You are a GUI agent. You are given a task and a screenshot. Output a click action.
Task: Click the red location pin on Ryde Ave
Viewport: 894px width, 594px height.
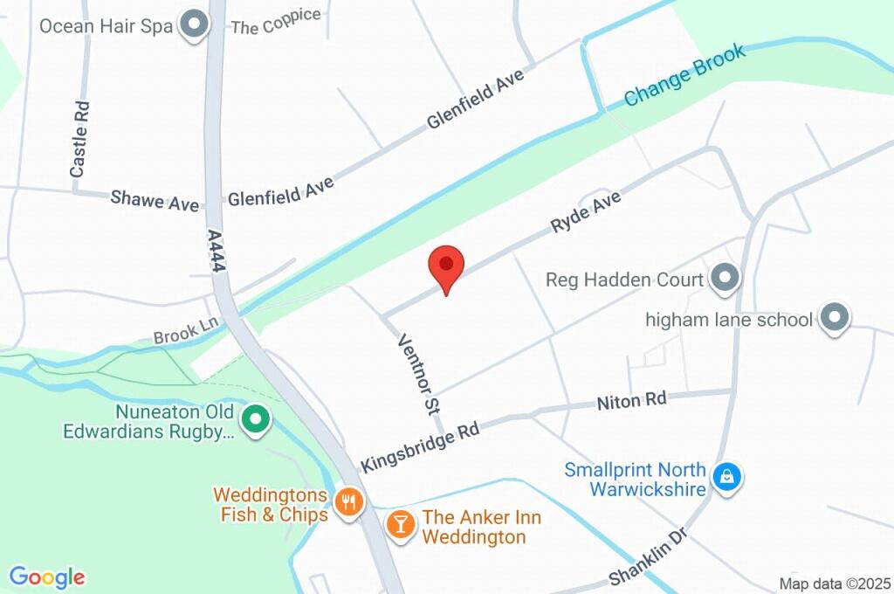[446, 266]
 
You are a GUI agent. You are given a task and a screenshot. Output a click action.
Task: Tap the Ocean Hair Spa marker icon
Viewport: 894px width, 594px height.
[194, 25]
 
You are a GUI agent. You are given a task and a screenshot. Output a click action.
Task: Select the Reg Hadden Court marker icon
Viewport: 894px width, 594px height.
[724, 280]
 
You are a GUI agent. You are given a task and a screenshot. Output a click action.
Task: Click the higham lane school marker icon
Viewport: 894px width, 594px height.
[835, 319]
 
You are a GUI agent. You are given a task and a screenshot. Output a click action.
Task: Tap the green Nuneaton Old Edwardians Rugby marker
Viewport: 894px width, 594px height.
[255, 420]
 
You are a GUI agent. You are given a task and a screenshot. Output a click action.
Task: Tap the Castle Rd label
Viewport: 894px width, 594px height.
[79, 140]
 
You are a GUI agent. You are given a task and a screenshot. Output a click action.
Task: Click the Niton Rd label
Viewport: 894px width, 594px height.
[631, 402]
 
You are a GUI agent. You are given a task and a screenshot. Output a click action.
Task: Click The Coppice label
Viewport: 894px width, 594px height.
[275, 22]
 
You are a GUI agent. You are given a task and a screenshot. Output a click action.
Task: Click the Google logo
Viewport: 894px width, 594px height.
[47, 577]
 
